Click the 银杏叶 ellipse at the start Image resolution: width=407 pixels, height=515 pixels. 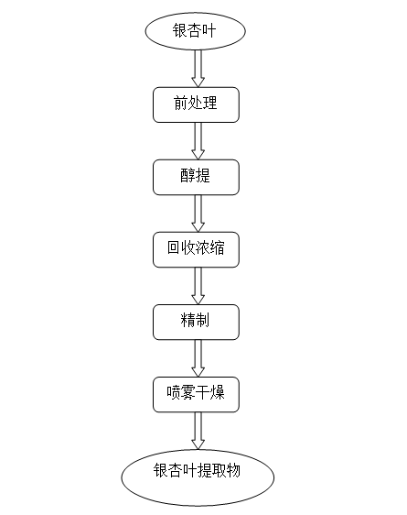coord(196,31)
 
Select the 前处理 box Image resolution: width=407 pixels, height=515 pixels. coord(196,104)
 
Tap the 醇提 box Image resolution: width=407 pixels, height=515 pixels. coord(196,178)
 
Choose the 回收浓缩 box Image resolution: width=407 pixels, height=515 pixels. coord(196,249)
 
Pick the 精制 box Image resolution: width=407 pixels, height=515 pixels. coord(196,323)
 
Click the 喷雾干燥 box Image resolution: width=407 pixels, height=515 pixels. coord(196,394)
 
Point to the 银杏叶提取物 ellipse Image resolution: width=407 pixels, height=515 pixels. coord(198,477)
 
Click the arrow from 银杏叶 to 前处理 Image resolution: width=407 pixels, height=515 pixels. coord(198,69)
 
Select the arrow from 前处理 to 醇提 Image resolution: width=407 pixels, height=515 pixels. coord(198,141)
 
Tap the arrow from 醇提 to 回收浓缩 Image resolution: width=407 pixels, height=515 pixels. coord(198,214)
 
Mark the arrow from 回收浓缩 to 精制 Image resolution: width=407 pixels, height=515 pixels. coord(198,286)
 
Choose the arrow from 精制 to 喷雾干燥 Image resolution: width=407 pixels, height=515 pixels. coord(198,358)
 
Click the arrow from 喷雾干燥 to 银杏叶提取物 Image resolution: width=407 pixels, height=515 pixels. coord(198,431)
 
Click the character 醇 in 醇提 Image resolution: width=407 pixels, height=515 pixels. coord(187,175)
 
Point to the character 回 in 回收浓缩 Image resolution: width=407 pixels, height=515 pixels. coord(174,247)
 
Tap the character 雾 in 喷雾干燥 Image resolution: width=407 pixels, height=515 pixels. coord(188,392)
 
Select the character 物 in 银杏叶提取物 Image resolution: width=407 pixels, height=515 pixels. coord(233,470)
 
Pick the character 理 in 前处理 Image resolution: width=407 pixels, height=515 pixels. coord(210,103)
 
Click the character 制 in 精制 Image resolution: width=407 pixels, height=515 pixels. coord(203,320)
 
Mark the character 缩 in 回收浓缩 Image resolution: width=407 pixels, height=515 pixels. coord(218,247)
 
